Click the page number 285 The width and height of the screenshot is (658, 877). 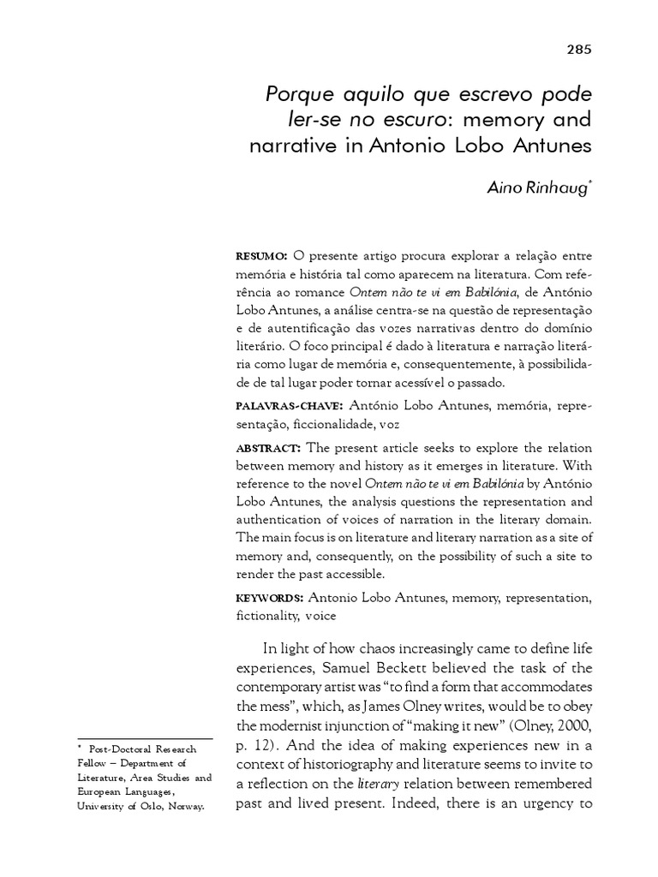(579, 49)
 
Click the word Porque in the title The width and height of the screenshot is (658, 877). (296, 91)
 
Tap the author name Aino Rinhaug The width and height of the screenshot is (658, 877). (538, 187)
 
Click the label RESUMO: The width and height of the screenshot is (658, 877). (261, 256)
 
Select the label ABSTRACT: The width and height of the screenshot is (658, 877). (267, 448)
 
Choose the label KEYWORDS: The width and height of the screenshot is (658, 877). (269, 597)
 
